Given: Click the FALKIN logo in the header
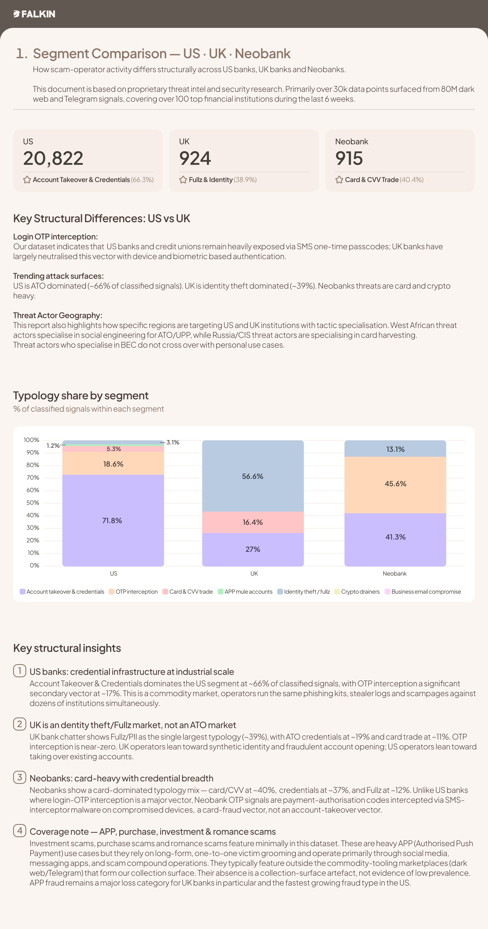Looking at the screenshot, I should [x=34, y=14].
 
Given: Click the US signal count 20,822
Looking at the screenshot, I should [x=53, y=158].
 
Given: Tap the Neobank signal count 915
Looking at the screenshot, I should [x=349, y=158].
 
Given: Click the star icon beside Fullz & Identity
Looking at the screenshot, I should [x=183, y=180].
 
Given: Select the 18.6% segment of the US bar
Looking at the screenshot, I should [x=113, y=464].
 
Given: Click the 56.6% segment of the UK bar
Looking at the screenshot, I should [x=253, y=476].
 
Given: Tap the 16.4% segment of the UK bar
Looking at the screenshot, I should [x=253, y=522].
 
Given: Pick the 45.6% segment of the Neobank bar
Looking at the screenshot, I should [x=395, y=483].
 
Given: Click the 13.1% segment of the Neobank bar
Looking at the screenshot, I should [x=395, y=449].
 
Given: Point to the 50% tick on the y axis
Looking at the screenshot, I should [x=33, y=502].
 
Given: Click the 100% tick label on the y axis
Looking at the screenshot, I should [x=31, y=440].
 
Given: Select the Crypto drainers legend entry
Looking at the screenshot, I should [x=357, y=591].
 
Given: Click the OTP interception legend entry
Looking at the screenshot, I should [x=133, y=591].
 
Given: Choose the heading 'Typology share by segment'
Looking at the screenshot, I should [x=81, y=395].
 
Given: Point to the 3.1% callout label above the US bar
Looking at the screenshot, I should [x=173, y=442].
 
